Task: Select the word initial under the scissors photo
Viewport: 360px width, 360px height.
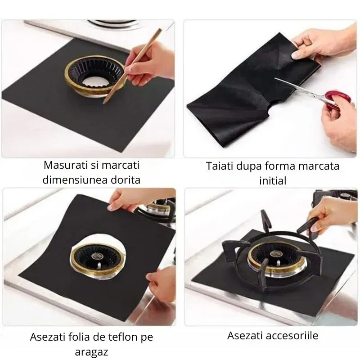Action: point(272,180)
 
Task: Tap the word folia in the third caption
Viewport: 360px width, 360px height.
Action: point(74,336)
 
